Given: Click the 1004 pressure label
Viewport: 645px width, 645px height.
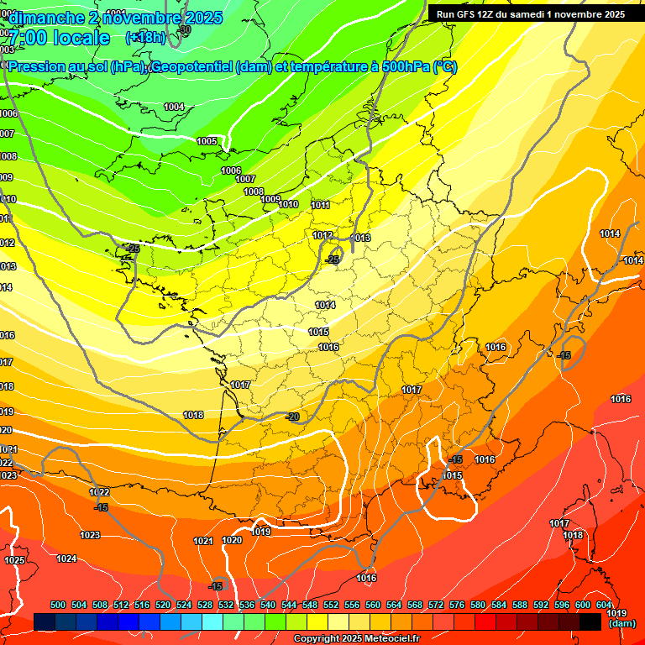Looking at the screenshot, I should [174, 107].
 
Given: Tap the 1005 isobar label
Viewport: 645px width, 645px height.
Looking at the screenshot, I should [207, 141].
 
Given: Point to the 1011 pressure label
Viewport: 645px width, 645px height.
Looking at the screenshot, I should [320, 205].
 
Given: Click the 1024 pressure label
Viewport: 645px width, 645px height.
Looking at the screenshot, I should [67, 558].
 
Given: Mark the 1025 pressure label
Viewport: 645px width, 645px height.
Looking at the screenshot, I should [14, 560].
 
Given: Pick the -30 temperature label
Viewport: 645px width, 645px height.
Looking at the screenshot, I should [185, 29].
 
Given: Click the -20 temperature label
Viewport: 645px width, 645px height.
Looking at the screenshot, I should [292, 417].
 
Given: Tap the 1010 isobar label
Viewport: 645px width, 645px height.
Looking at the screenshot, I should [288, 204].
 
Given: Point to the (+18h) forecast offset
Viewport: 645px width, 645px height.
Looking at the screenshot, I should [145, 38].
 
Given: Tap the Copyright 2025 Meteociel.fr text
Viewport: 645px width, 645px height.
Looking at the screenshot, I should [356, 639].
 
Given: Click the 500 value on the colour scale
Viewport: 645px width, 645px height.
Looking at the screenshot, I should [58, 606].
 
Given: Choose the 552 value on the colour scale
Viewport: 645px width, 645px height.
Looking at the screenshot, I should [331, 606].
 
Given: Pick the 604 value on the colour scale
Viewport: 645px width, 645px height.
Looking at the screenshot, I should [604, 606].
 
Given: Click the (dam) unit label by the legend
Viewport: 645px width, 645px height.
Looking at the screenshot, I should [621, 624].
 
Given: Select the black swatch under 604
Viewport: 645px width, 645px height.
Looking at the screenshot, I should [590, 622].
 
